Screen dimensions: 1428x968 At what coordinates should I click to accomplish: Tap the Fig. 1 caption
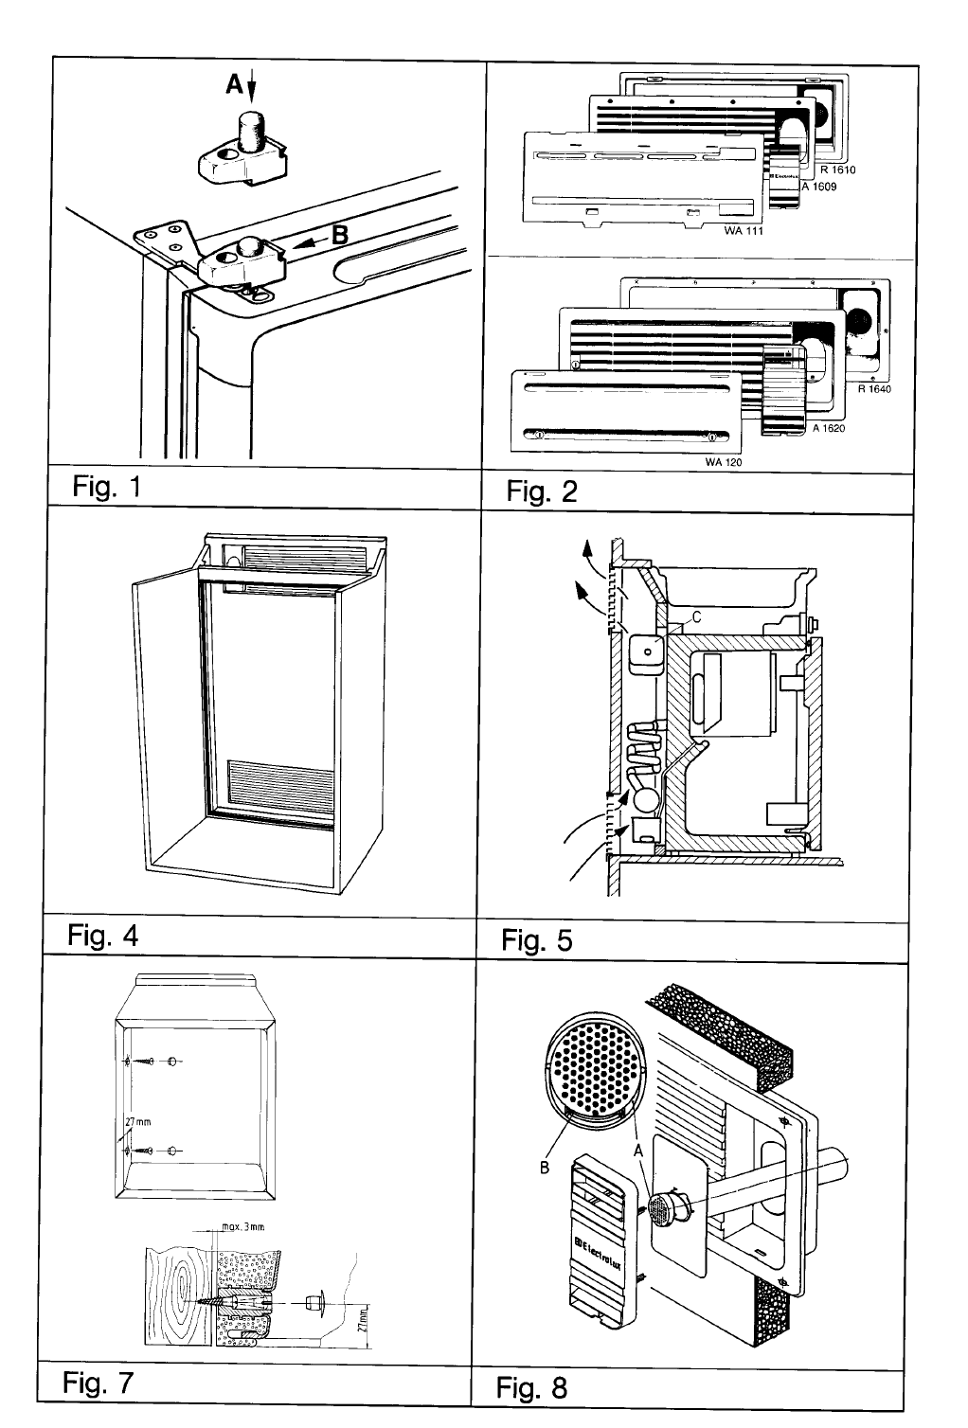106,489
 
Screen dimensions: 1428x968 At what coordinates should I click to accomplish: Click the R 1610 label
838,170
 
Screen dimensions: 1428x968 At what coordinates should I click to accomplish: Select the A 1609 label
818,187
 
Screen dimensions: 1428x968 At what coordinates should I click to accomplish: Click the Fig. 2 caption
541,492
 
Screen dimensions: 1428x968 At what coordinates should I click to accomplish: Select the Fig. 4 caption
102,936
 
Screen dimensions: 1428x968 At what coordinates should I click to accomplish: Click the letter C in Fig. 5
696,616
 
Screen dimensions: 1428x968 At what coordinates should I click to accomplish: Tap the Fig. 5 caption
537,941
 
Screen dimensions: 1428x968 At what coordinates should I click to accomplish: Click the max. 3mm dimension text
240,1227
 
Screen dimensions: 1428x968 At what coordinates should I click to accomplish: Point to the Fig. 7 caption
99,1383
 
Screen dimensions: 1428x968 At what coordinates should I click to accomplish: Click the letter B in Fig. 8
545,1168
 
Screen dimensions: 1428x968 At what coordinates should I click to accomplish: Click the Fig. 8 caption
532,1388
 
